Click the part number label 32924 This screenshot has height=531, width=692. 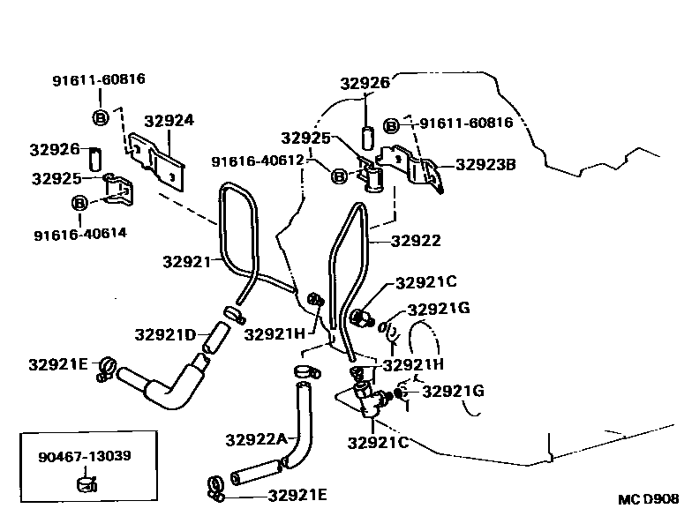pyautogui.click(x=169, y=121)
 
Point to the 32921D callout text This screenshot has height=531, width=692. pyautogui.click(x=165, y=334)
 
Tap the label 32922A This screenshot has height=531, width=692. pyautogui.click(x=256, y=438)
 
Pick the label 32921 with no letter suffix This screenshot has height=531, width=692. pyautogui.click(x=187, y=261)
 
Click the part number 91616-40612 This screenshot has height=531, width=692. pyautogui.click(x=258, y=161)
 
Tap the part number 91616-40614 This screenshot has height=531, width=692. pyautogui.click(x=80, y=234)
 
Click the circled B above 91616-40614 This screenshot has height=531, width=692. pyautogui.click(x=79, y=204)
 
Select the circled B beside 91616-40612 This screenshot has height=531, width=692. pyautogui.click(x=339, y=176)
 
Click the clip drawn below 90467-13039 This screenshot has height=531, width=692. pyautogui.click(x=87, y=482)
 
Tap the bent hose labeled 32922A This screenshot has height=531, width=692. pyautogui.click(x=290, y=441)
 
